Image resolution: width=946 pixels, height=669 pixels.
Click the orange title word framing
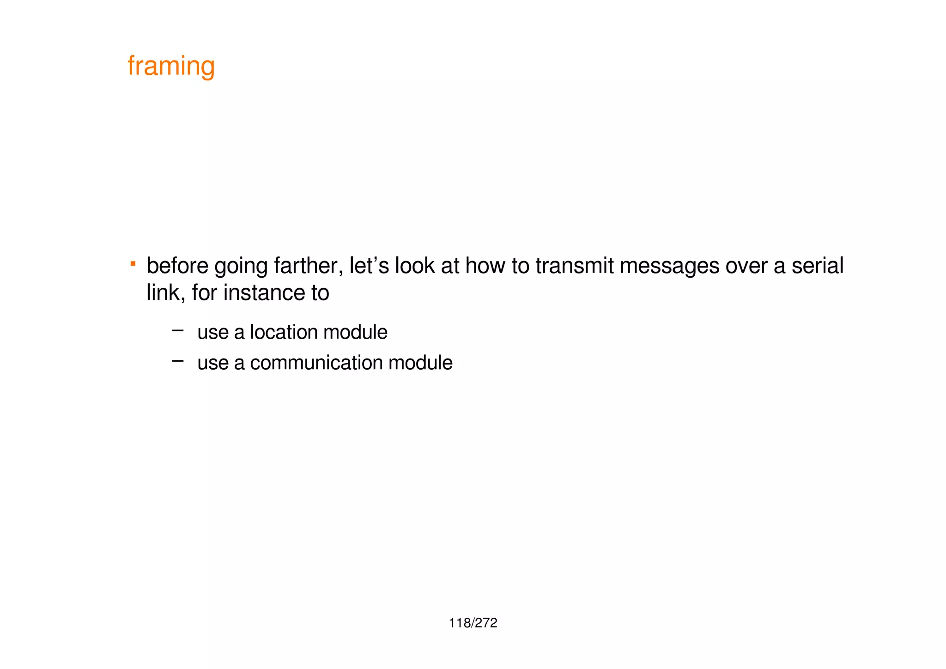click(171, 66)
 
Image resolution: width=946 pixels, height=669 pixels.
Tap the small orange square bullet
click(133, 264)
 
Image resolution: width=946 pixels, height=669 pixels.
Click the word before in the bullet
click(177, 266)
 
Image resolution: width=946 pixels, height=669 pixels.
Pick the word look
click(414, 266)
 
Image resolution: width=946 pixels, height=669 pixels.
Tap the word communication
click(316, 363)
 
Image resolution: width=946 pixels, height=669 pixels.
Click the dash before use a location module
click(177, 330)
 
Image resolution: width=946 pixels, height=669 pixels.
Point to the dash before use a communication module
click(177, 361)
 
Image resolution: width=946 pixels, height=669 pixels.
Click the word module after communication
click(420, 363)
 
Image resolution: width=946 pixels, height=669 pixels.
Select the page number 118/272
click(473, 623)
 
